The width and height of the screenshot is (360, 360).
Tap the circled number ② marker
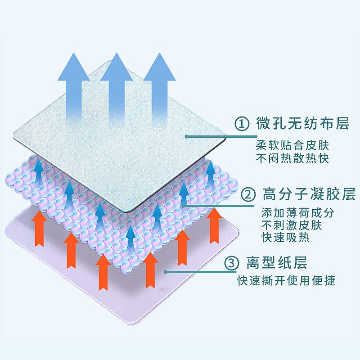(248, 195)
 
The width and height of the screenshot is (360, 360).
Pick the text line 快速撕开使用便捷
(286, 281)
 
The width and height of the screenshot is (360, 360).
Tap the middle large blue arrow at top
(117, 85)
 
